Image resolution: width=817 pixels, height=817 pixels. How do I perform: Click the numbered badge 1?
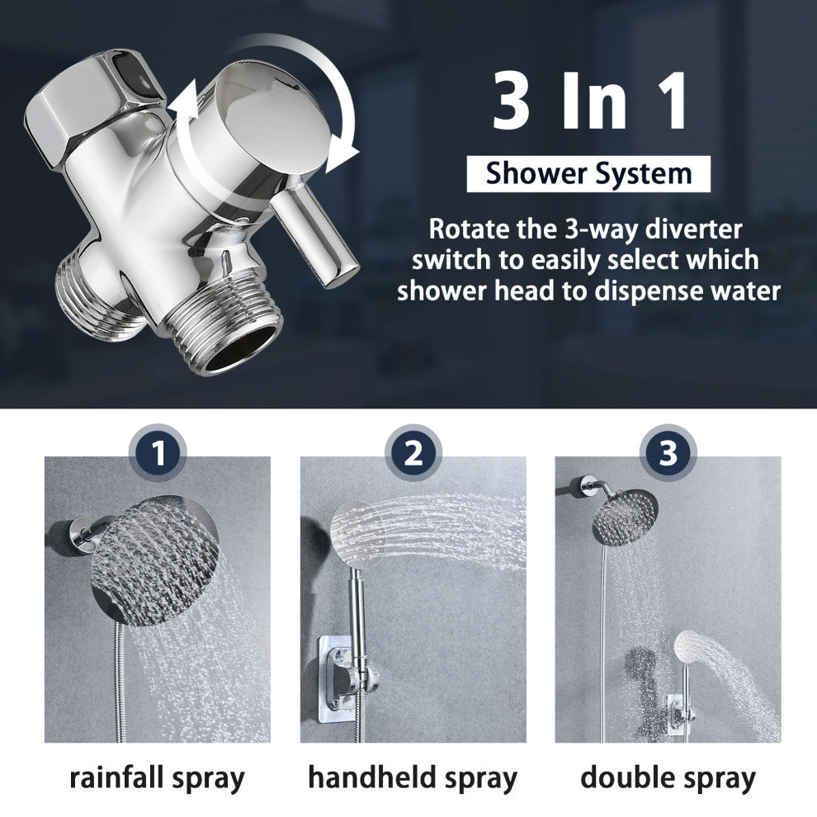158,452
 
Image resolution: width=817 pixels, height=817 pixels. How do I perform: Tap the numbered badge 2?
413,452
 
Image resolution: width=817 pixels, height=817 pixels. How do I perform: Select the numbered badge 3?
668,452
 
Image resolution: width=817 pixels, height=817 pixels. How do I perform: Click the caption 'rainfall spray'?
157,778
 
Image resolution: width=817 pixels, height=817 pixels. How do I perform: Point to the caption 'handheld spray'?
413,778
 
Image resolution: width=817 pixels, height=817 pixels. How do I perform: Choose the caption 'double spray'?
668,778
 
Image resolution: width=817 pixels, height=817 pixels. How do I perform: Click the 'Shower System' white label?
588,173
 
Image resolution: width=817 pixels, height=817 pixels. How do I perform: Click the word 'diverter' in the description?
693,229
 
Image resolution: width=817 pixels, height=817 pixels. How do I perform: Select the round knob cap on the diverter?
262,118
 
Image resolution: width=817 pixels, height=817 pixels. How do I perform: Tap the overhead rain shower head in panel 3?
625,517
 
